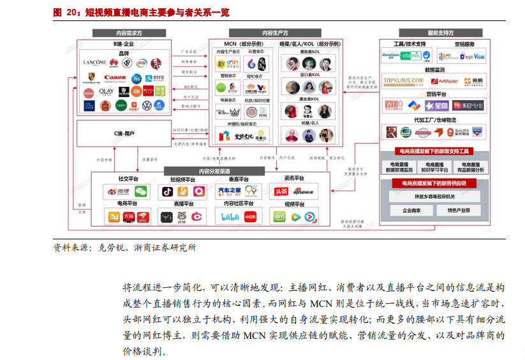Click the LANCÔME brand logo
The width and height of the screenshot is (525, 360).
pos(94,63)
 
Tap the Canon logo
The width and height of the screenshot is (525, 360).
pos(115,78)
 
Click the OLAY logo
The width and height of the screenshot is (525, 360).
pos(107,92)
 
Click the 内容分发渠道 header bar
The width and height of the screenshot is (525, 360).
pos(214,171)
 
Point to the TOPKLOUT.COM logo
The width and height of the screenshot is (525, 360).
pos(403,81)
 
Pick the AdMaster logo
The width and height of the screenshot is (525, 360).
pos(444,81)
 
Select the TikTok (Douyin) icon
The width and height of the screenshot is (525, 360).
pos(167,191)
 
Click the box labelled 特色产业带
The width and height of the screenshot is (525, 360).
pos(459,210)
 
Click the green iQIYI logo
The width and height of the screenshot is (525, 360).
pos(279,218)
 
